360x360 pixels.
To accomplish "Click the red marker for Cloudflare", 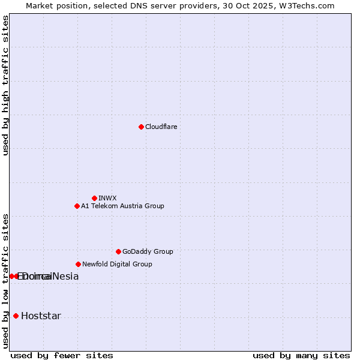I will pyautogui.click(x=141, y=127).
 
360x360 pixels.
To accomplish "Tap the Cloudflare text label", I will pyautogui.click(x=161, y=127).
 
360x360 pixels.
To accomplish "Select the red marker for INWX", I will pyautogui.click(x=94, y=198).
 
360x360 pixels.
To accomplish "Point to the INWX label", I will pyautogui.click(x=107, y=198).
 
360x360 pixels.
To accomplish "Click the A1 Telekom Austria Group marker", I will pyautogui.click(x=77, y=206).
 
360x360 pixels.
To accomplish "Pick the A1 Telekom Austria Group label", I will pyautogui.click(x=122, y=206).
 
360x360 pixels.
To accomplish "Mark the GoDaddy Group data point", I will pyautogui.click(x=118, y=251).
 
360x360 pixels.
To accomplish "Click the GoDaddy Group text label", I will pyautogui.click(x=148, y=251).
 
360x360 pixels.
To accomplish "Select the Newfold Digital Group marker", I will pyautogui.click(x=78, y=264).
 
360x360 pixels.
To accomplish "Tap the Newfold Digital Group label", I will pyautogui.click(x=117, y=264).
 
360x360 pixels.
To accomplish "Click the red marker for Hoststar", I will pyautogui.click(x=16, y=316).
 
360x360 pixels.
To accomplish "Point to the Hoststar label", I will pyautogui.click(x=41, y=316).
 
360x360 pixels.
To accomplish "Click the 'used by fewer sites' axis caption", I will pyautogui.click(x=62, y=355).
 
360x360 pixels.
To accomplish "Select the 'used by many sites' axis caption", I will pyautogui.click(x=301, y=355).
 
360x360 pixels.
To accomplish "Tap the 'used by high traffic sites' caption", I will pyautogui.click(x=5, y=85).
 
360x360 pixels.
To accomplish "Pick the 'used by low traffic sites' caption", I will pyautogui.click(x=5, y=280).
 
